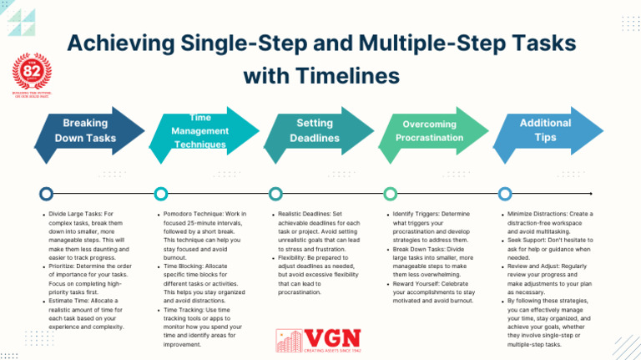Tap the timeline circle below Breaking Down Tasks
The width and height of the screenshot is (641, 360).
pyautogui.click(x=44, y=194)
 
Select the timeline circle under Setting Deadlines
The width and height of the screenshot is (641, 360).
pyautogui.click(x=275, y=194)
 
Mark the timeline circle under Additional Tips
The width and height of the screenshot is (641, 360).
pyautogui.click(x=504, y=194)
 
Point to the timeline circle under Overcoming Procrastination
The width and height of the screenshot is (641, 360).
pyautogui.click(x=389, y=194)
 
